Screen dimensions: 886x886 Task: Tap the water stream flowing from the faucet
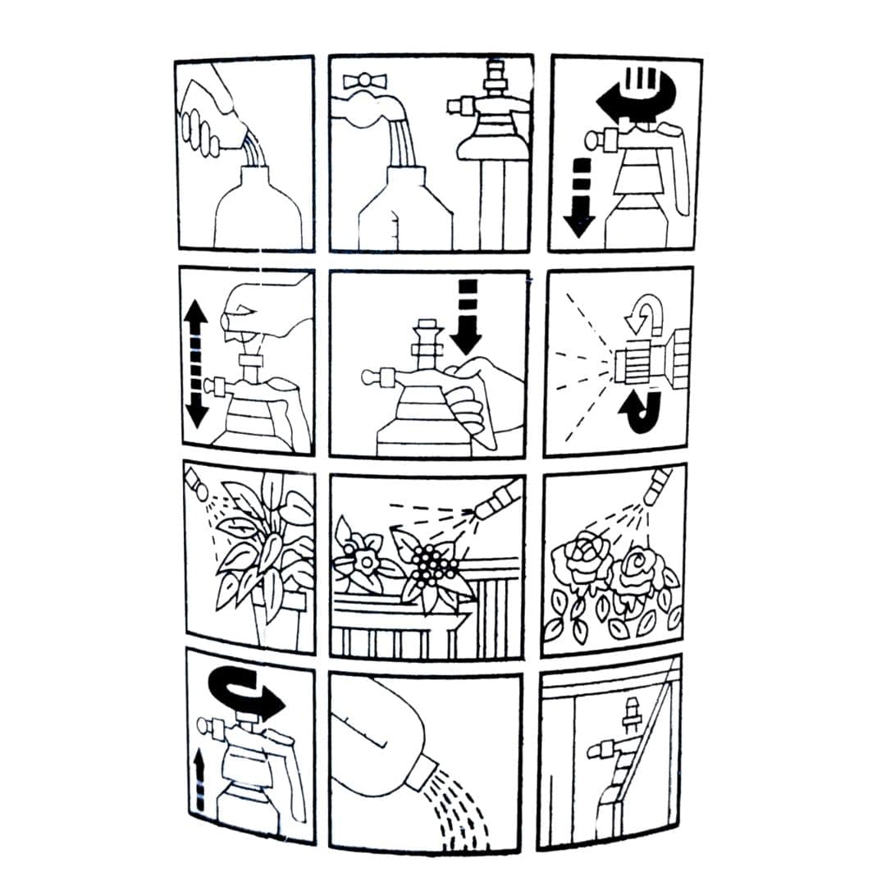point(402,143)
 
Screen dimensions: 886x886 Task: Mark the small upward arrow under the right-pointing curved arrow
point(198,779)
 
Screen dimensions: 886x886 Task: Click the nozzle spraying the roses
point(657,486)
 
